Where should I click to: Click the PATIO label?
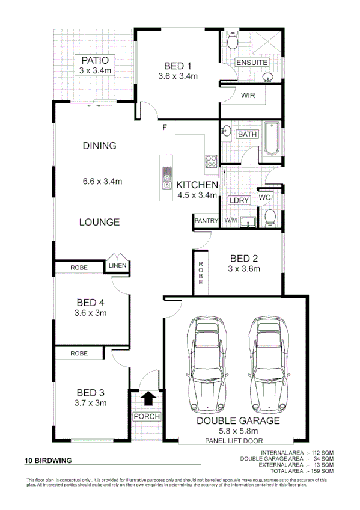(x=96, y=60)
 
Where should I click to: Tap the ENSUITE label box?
(x=252, y=63)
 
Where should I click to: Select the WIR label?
(x=249, y=96)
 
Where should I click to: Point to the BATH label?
(x=247, y=134)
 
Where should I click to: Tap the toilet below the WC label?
(x=270, y=217)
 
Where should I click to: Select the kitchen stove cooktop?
(x=212, y=161)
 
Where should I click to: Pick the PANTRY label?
(x=206, y=221)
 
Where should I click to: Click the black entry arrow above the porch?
(x=147, y=398)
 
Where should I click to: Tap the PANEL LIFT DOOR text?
(x=238, y=440)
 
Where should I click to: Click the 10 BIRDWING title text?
(x=48, y=461)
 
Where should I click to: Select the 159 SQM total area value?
(x=322, y=470)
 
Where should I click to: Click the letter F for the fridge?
(x=164, y=127)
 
